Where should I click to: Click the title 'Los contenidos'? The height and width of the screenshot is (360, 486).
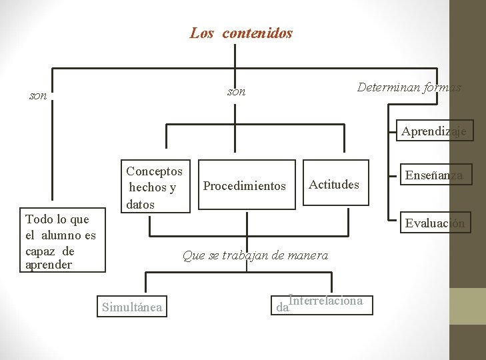coord(241,33)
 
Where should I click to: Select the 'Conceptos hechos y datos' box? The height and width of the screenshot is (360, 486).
coord(154,187)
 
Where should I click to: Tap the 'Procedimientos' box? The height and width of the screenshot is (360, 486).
coord(244,186)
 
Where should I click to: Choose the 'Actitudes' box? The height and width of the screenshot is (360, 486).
coord(334,185)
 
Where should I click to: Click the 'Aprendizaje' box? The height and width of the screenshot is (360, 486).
coord(434,131)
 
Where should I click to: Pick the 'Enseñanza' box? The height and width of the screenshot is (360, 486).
coord(434,175)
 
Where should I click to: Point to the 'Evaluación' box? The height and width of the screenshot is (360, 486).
coord(435,223)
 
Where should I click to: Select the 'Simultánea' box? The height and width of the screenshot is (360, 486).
coord(132,307)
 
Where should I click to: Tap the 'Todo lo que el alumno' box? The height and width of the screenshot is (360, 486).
coord(61,242)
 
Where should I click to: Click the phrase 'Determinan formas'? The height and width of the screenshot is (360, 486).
coord(409,87)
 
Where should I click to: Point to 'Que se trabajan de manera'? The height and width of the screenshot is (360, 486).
coord(255,255)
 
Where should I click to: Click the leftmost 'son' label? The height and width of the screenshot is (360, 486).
coord(39,96)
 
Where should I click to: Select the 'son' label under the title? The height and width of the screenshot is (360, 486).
coord(237,91)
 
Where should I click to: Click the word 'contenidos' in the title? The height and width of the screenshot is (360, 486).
coord(257,33)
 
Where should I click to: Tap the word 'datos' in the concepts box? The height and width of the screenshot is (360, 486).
coord(140,204)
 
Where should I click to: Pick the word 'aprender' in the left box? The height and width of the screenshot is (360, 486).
coord(50,265)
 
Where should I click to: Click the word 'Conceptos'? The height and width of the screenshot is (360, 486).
coord(154,171)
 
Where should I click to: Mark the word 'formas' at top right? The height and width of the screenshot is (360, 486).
coord(442,87)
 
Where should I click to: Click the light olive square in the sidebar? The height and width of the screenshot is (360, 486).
coord(467,306)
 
